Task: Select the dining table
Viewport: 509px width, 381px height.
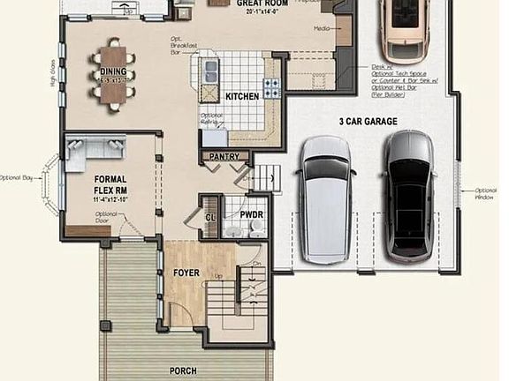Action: point(113,71)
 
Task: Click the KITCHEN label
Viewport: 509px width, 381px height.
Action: point(241,96)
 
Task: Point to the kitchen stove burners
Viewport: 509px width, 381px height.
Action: point(271,86)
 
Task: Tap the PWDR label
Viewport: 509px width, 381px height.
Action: point(252,213)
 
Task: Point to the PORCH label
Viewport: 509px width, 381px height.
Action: point(183,370)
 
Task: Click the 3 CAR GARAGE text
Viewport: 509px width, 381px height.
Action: point(368,121)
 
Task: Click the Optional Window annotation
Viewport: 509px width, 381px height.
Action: point(485,194)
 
